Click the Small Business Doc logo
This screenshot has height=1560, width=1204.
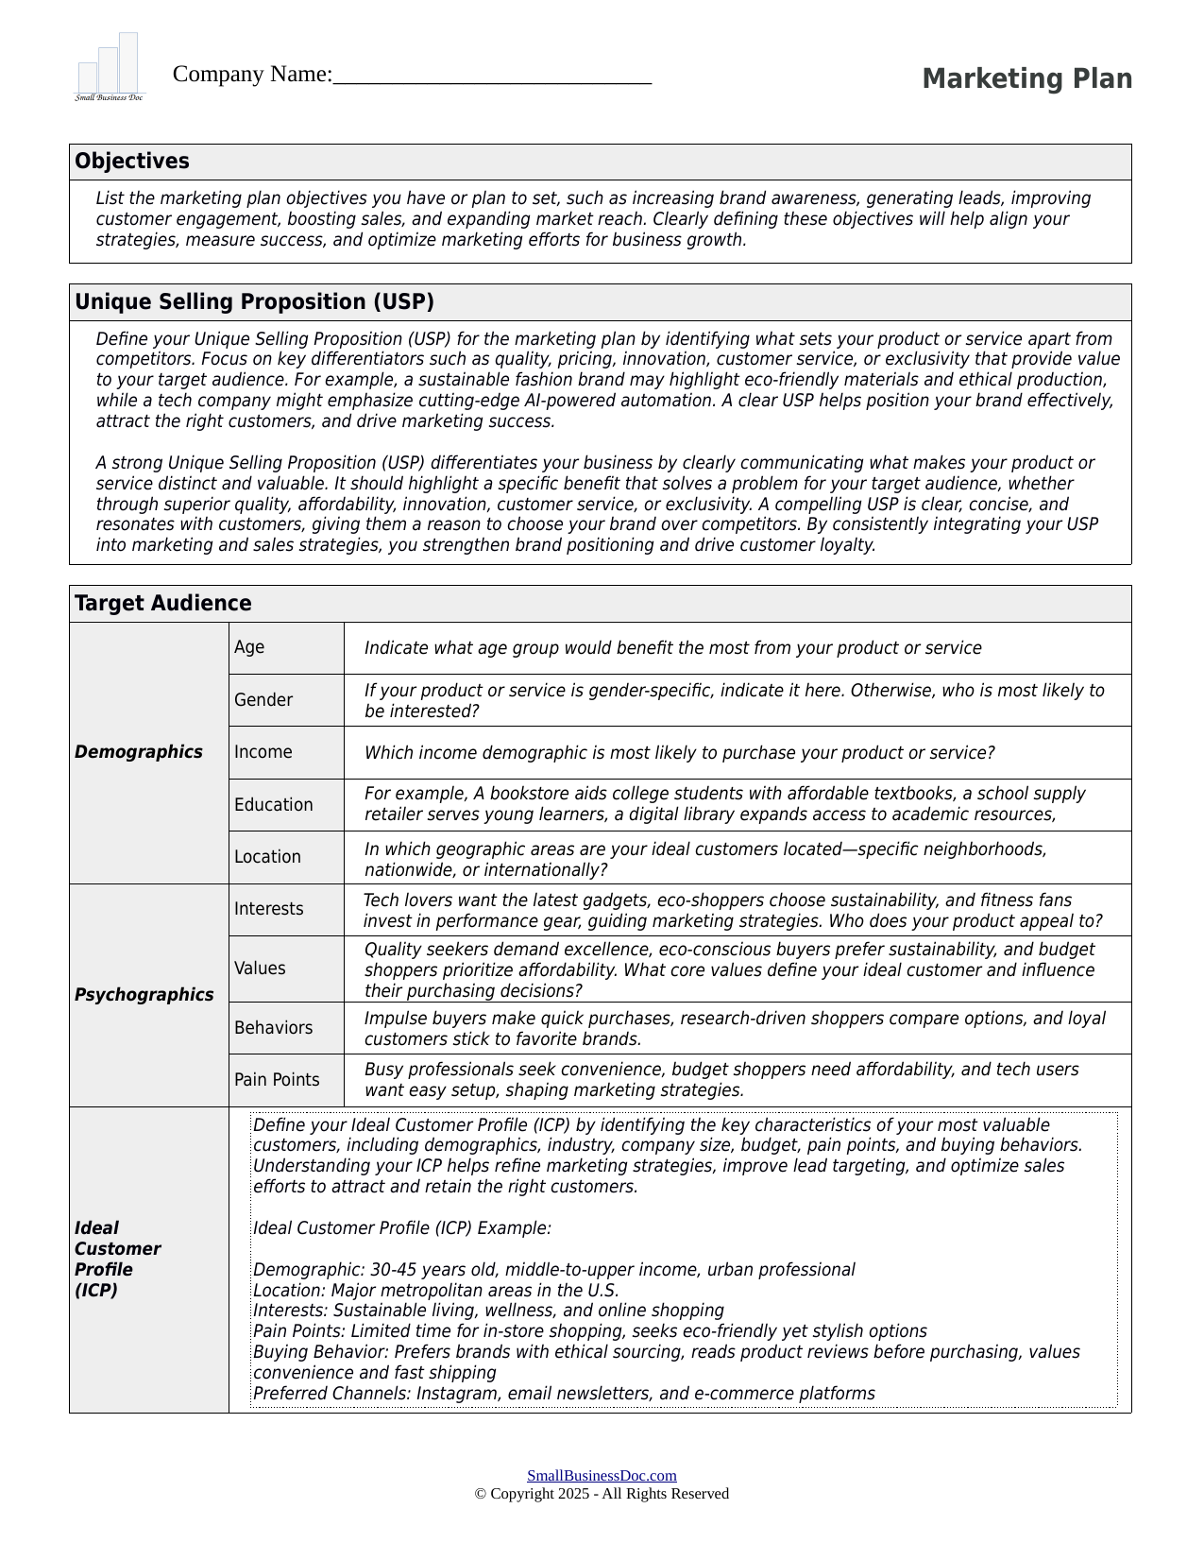[x=110, y=68]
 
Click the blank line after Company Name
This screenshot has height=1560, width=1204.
[x=492, y=76]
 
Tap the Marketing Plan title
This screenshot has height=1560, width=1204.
[x=1026, y=78]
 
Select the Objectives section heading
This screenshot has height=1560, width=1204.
[x=132, y=162]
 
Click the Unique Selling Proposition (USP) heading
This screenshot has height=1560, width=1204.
[x=255, y=302]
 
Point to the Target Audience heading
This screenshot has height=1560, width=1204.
[x=163, y=604]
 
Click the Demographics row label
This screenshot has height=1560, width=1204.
[x=139, y=752]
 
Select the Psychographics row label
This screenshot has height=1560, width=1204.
[x=144, y=995]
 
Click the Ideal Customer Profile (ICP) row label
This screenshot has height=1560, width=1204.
[x=117, y=1259]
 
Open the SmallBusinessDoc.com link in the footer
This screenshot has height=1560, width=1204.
[x=602, y=1476]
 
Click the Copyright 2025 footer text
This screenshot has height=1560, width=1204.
[x=602, y=1494]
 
